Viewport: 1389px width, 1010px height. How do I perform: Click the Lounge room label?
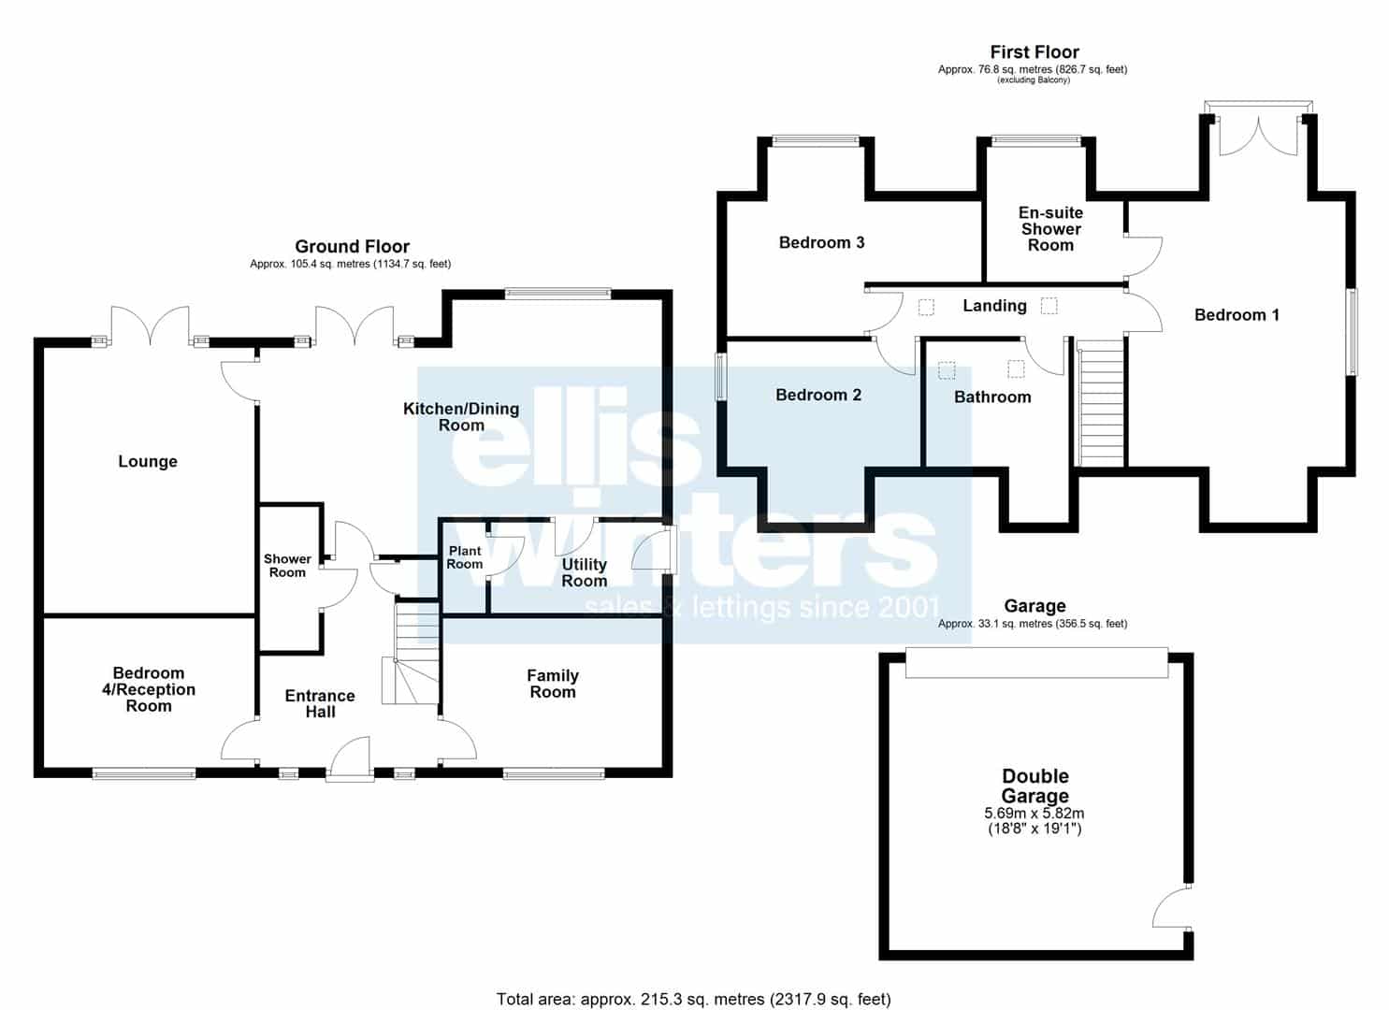(x=148, y=462)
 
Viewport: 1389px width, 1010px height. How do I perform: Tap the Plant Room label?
(x=465, y=557)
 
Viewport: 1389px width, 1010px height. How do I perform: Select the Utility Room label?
(x=584, y=573)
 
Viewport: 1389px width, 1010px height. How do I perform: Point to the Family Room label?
(x=553, y=684)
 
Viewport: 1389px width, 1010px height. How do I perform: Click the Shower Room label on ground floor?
(x=287, y=566)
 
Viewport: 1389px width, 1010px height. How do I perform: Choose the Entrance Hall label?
(x=320, y=703)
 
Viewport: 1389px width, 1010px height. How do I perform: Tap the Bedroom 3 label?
(x=821, y=242)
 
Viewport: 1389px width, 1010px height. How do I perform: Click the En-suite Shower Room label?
(x=1050, y=229)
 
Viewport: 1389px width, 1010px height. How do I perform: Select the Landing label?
(x=994, y=306)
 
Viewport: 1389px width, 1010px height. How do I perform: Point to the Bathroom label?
(x=992, y=397)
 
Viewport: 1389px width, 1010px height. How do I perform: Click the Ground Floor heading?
(x=352, y=247)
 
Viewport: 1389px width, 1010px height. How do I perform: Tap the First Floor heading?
(x=1035, y=52)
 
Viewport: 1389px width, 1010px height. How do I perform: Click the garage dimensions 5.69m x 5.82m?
(x=1035, y=813)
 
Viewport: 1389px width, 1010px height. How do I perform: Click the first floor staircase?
(x=1100, y=402)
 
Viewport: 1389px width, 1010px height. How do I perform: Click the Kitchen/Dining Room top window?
(x=557, y=294)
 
